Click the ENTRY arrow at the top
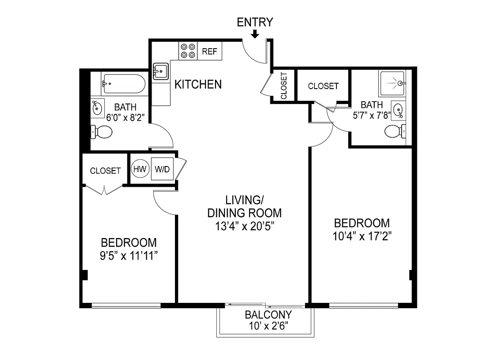coord(255,34)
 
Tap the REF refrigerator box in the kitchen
coord(209,51)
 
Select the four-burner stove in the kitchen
coord(188,50)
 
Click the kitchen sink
coord(161,71)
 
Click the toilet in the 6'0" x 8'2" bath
coord(102,132)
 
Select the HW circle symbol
coord(139,169)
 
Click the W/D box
coord(162,169)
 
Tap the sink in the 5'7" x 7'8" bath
coord(398,110)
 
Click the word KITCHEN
coord(198,84)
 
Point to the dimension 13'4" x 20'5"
coord(244,225)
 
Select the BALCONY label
coord(268,315)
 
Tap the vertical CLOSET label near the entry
coord(284,85)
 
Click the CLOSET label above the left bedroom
coord(105,171)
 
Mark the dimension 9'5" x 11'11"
coord(129,256)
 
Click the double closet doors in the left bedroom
coord(104,190)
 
